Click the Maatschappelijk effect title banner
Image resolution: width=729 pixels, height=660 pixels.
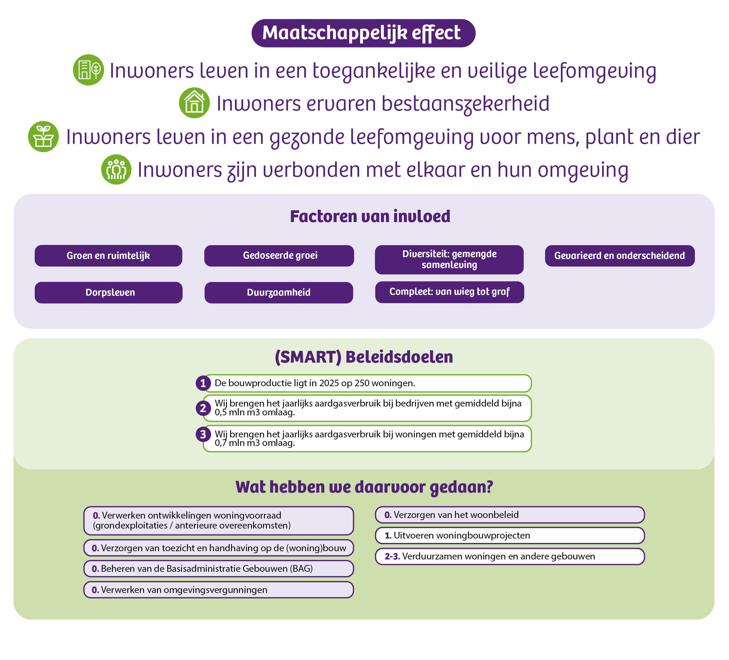(x=363, y=33)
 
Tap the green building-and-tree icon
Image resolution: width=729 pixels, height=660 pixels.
(x=88, y=70)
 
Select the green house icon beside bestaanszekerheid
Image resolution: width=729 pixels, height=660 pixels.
(x=195, y=103)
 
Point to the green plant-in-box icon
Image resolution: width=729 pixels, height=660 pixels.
(x=44, y=136)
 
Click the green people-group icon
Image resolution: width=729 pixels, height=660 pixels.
(x=116, y=169)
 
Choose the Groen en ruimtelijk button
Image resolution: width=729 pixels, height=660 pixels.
(x=108, y=256)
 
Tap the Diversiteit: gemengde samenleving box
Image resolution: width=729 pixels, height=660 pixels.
(x=449, y=259)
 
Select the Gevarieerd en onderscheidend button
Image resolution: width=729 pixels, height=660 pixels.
(x=620, y=256)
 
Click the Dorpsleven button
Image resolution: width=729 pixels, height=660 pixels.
(x=108, y=292)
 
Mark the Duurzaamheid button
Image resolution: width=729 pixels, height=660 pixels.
(x=279, y=292)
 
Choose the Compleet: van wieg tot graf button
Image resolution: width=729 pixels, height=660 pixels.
(x=449, y=292)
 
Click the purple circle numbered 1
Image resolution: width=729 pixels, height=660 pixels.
(x=203, y=383)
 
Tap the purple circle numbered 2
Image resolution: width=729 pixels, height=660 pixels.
(x=203, y=408)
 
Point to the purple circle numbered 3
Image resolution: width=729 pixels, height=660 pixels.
(x=203, y=434)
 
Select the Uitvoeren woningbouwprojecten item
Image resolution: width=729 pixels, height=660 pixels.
(x=510, y=536)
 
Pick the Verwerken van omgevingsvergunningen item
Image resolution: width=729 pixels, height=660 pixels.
(x=219, y=590)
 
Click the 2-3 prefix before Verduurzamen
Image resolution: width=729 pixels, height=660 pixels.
(x=392, y=556)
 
